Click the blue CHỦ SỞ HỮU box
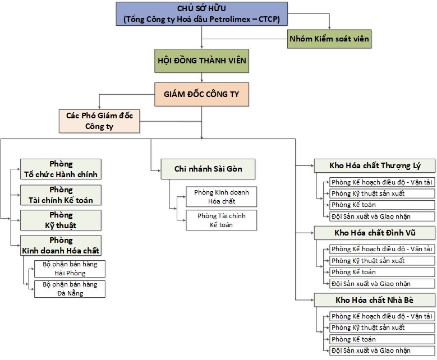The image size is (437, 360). pos(201,14)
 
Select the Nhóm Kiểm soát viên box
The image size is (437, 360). pos(329,39)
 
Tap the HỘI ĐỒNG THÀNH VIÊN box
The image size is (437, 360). pos(202,61)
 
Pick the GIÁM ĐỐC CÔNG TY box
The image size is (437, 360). pos(202,94)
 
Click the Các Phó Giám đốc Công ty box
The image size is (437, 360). pos(99,121)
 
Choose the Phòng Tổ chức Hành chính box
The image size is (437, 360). pos(61,169)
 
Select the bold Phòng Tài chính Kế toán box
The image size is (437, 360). pos(61,195)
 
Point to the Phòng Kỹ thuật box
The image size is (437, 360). pos(61,220)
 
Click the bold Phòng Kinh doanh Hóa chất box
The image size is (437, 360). pos(61,245)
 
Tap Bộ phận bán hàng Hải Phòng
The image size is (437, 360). pos(70,269)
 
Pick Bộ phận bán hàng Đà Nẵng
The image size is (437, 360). pos(70,289)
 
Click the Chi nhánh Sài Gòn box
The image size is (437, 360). pos(208,169)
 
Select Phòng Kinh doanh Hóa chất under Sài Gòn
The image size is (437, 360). pos(221,197)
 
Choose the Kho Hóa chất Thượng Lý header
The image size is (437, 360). pos(375,165)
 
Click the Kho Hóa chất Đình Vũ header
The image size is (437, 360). pos(375,233)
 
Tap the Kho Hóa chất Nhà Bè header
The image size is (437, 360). pos(375,300)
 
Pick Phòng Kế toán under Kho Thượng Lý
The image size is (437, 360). pos(382,205)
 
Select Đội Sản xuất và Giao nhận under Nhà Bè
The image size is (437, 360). pos(382,350)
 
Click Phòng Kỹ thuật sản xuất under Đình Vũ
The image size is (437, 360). pos(382,261)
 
